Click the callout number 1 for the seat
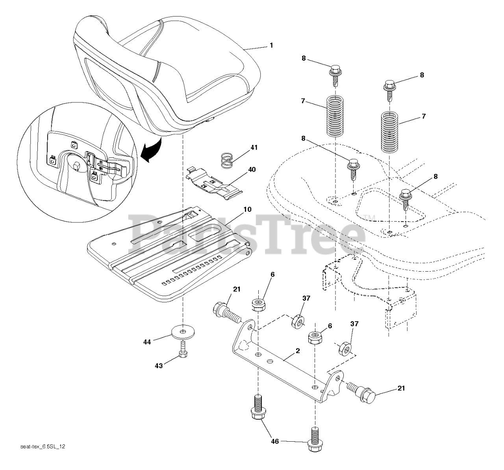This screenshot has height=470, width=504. [271, 46]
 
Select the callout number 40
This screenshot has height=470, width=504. [252, 170]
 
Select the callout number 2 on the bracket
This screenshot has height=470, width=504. [298, 351]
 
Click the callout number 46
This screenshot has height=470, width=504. [275, 442]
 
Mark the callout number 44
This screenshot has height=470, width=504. [147, 342]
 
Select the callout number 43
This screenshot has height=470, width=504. [158, 366]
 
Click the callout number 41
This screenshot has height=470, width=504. [254, 148]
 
